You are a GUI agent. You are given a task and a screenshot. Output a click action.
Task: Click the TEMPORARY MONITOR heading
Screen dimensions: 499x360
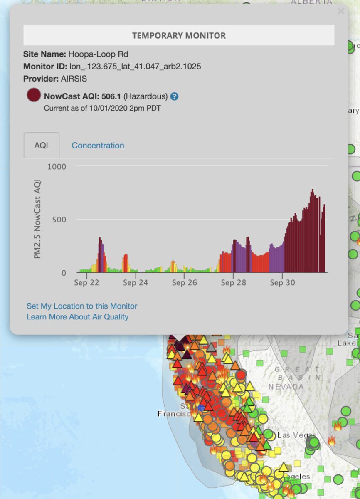pos(179,35)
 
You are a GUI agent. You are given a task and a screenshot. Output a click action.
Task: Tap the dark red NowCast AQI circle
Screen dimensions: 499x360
pos(33,96)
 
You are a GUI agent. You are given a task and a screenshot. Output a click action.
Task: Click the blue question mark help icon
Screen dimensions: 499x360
pos(175,96)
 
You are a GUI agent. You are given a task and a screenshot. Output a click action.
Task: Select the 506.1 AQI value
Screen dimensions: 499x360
pos(111,96)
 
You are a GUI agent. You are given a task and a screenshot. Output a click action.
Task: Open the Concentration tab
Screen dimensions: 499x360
pos(98,146)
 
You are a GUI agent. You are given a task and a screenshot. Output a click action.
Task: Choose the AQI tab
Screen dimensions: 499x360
pos(42,146)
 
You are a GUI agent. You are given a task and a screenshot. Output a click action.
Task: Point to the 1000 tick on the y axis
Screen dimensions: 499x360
pos(57,166)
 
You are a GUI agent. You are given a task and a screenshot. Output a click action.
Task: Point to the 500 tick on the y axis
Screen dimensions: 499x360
pos(59,219)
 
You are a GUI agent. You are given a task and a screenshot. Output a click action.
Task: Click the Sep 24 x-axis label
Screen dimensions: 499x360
pos(136,283)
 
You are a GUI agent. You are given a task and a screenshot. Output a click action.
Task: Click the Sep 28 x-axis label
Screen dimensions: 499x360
pos(233,283)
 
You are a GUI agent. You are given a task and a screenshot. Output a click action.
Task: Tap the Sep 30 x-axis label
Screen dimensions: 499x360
pos(282,283)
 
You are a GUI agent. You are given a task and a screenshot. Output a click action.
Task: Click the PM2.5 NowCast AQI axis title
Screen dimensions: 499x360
pos(37,219)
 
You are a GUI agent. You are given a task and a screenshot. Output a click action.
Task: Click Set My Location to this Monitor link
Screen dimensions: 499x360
pos(82,306)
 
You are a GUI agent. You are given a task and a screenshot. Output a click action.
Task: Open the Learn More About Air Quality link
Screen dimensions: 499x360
pos(77,317)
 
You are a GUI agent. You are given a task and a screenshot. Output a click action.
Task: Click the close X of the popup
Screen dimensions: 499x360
pos(341,11)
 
